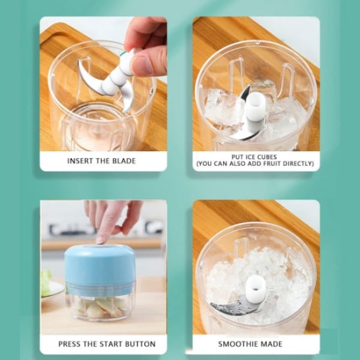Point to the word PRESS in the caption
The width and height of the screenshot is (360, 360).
(70, 344)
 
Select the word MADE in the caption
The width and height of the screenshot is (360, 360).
(272, 344)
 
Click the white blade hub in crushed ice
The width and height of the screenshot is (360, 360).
(256, 288)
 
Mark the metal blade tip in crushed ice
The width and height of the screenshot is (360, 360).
(214, 305)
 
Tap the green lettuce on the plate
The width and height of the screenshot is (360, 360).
(46, 283)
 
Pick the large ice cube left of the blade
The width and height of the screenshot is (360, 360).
(221, 107)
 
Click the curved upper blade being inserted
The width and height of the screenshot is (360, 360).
(89, 78)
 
